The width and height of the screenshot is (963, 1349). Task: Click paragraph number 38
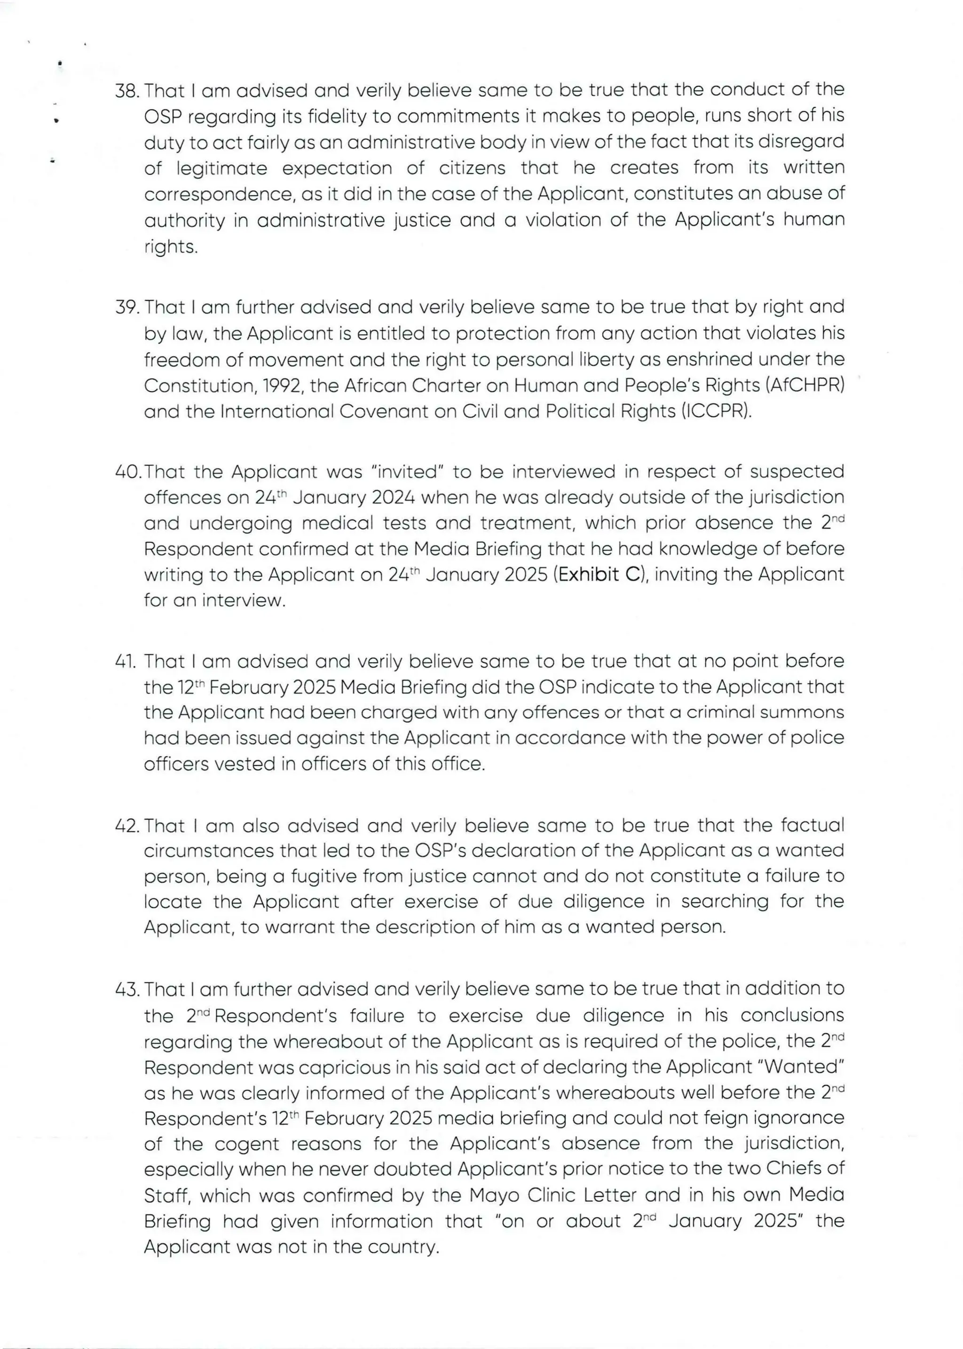[127, 91]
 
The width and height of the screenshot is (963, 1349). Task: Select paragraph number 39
[127, 308]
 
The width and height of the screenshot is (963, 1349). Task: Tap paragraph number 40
[128, 472]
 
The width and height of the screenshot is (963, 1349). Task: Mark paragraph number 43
[127, 990]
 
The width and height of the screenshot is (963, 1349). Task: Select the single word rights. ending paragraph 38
[171, 247]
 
